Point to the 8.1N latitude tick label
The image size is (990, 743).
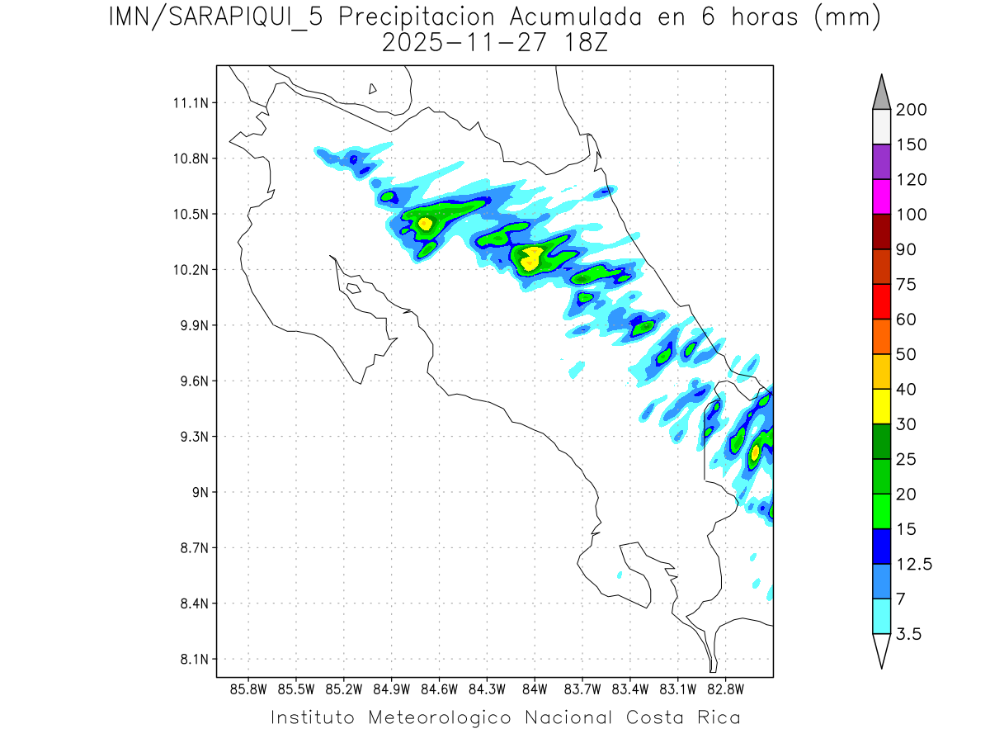[191, 660]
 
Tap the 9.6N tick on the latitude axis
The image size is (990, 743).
[191, 381]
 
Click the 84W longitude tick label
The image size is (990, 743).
[535, 689]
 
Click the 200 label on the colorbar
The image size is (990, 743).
[911, 110]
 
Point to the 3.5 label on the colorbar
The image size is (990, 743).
[908, 634]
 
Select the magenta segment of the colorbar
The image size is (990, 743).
[881, 196]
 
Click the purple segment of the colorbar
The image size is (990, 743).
[881, 162]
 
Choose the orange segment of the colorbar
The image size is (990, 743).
[881, 336]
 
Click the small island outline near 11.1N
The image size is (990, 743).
[373, 88]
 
